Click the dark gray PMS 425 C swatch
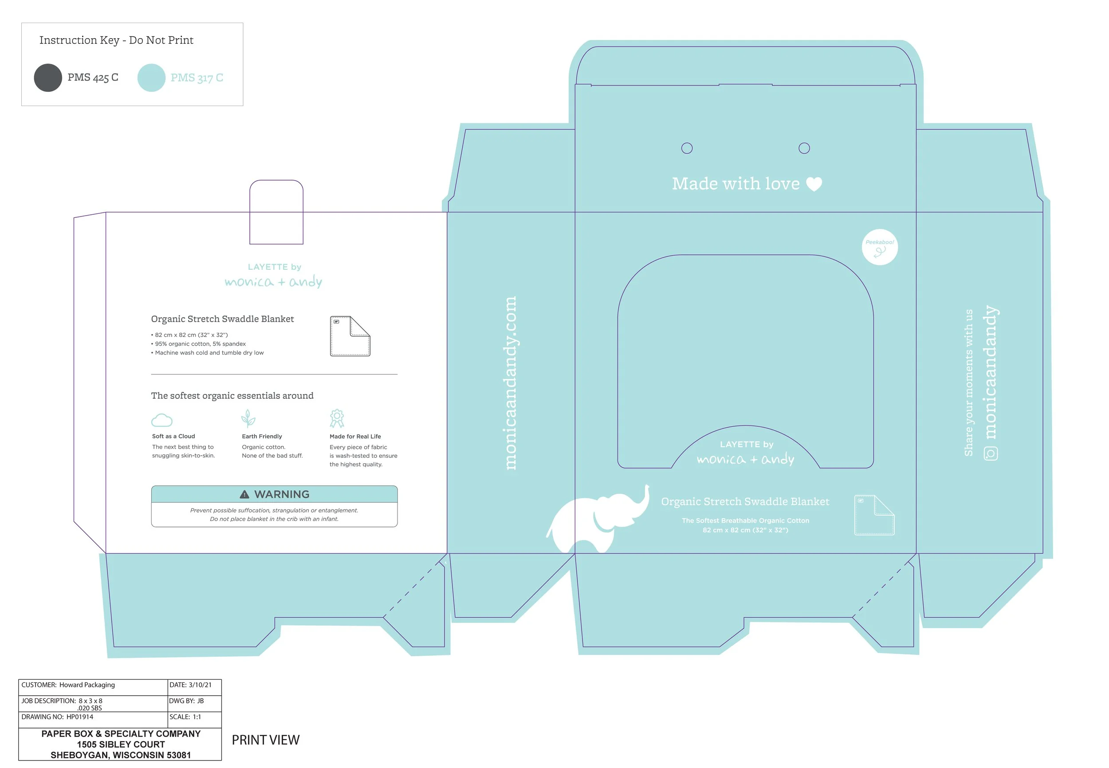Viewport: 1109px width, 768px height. (47, 78)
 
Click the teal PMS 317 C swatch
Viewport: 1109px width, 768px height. (151, 78)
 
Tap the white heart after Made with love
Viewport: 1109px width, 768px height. (814, 184)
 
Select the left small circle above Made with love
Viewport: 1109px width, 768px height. (687, 148)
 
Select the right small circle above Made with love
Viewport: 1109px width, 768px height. (803, 148)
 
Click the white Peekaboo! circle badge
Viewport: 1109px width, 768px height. (879, 247)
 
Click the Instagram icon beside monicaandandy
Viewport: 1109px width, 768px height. (991, 453)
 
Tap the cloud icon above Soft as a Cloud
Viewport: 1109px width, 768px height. (161, 420)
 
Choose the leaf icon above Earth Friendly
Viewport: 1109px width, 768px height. (248, 419)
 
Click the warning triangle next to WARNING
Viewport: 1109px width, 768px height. (244, 494)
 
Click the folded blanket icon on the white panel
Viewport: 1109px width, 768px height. (350, 336)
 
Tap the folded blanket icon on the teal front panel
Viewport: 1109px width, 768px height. (874, 515)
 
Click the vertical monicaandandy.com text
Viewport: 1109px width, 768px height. (510, 383)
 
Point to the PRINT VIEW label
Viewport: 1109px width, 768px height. (266, 740)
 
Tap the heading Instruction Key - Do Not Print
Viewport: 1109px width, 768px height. (116, 40)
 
